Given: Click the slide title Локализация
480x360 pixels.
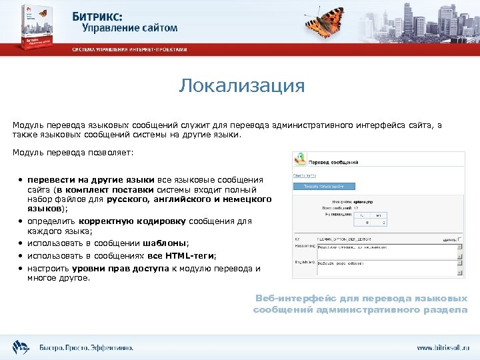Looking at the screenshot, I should pos(241,86).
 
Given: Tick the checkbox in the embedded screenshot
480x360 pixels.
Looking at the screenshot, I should pos(459,239).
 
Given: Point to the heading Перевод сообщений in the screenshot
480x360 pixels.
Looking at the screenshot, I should pos(337,162).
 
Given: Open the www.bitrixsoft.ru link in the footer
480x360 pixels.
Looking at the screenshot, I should pos(443,347).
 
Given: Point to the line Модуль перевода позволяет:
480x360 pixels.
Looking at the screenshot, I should pos(73,153).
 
